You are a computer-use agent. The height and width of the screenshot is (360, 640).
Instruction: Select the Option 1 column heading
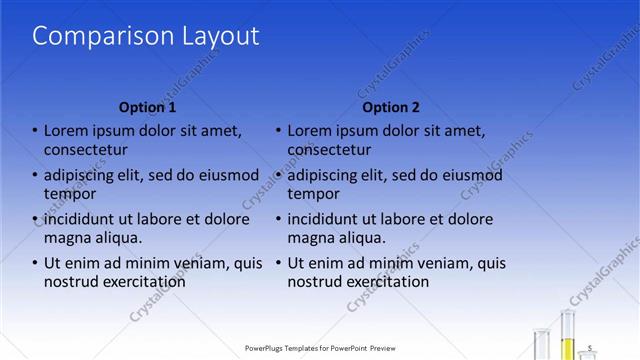[147, 107]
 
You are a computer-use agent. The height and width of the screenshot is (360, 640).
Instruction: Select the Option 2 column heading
[391, 107]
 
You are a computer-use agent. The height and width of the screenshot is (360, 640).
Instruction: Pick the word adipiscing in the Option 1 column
[83, 175]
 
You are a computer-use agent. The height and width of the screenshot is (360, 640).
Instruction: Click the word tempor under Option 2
[314, 194]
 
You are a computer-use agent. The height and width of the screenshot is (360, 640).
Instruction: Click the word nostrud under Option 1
[71, 282]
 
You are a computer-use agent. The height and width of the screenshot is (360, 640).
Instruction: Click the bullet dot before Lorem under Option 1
[35, 131]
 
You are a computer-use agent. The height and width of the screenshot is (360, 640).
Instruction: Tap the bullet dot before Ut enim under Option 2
[279, 263]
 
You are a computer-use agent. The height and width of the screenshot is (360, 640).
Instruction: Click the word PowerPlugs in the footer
[267, 348]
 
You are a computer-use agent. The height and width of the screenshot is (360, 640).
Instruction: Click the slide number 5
[590, 347]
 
